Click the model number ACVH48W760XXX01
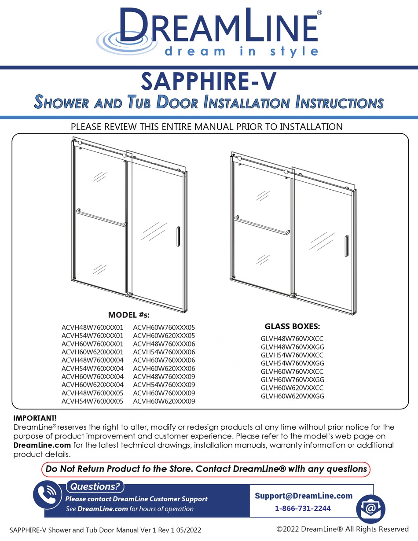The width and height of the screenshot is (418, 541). pos(93,328)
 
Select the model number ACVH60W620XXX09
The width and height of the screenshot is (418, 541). pos(164,401)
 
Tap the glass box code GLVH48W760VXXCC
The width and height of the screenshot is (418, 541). pos(292,339)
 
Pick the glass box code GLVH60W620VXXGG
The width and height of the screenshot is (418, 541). pos(292,396)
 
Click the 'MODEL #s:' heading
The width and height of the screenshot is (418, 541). pos(129,315)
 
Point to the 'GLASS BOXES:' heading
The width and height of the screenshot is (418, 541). pos(292,327)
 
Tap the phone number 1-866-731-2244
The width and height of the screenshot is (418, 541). pos(303,508)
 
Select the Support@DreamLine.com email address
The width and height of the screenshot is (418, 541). pos(304,496)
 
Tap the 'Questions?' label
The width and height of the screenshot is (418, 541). pos(95,487)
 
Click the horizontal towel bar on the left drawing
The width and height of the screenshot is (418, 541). pos(101,218)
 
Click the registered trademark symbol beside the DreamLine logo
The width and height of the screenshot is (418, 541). pos(319,13)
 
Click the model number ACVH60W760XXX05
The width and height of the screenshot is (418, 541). pos(164,328)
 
